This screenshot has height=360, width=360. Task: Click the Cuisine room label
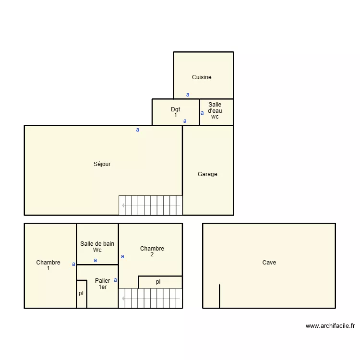[202, 77]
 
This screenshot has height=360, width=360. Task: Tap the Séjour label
[102, 164]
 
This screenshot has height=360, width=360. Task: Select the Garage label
[207, 174]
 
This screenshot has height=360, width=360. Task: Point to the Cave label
[269, 263]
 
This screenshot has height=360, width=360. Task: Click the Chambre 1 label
[48, 265]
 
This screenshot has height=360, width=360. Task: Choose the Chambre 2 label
[152, 252]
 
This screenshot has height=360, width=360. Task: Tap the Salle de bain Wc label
[97, 247]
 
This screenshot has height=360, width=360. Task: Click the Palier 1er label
[103, 284]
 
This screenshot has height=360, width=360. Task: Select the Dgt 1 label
[176, 112]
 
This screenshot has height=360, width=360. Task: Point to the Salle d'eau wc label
[215, 110]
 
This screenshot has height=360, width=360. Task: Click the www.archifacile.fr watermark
[330, 326]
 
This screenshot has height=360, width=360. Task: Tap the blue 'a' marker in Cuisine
[188, 95]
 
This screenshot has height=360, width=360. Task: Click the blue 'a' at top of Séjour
[138, 130]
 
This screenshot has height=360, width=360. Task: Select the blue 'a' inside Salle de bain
[96, 261]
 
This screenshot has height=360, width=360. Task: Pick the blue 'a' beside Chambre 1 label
[73, 264]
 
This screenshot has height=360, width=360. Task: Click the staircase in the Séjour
[151, 205]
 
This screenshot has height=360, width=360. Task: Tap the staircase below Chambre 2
[151, 298]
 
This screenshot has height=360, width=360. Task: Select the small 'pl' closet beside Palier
[81, 294]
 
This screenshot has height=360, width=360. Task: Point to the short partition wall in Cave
[219, 296]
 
